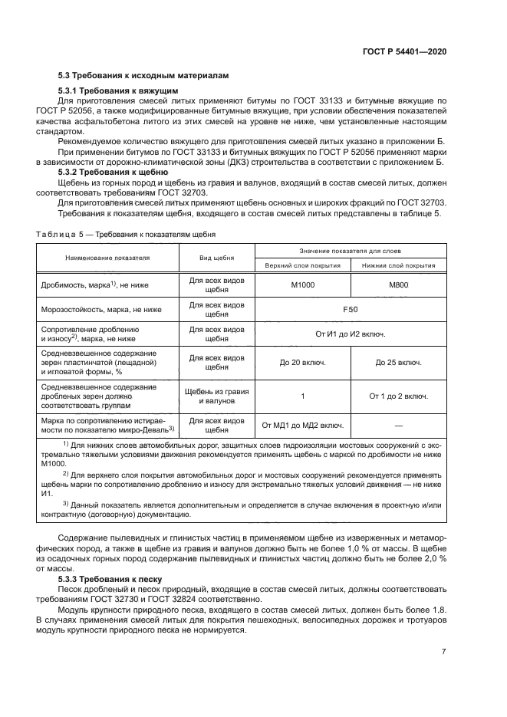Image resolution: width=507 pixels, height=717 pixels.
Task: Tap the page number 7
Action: pyautogui.click(x=444, y=652)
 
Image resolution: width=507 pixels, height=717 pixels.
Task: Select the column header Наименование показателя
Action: pyautogui.click(x=107, y=259)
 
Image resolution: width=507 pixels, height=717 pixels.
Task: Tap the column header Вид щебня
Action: pyautogui.click(x=217, y=259)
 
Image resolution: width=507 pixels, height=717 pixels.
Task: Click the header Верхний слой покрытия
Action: pyautogui.click(x=302, y=265)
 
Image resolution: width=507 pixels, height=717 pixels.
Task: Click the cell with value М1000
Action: pyautogui.click(x=302, y=285)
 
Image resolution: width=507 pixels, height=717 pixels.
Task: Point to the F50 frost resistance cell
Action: pyautogui.click(x=350, y=310)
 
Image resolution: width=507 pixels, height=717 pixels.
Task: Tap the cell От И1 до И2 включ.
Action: pyautogui.click(x=350, y=334)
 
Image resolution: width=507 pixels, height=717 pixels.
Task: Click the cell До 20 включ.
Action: pyautogui.click(x=302, y=362)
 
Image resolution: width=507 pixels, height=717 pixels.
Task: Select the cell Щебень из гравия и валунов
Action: pyautogui.click(x=217, y=396)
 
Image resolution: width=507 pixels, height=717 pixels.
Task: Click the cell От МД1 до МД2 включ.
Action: pyautogui.click(x=302, y=424)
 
